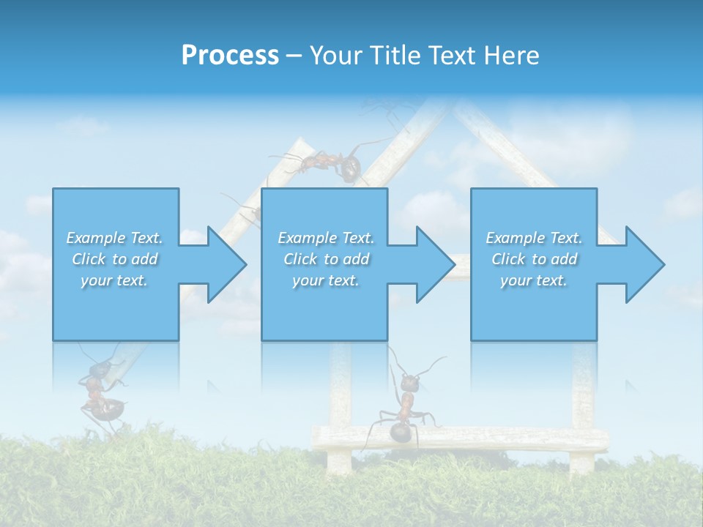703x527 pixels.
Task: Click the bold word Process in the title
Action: (x=230, y=56)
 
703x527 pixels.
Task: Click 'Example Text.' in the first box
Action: (x=114, y=238)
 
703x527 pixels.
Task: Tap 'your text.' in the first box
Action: (x=114, y=280)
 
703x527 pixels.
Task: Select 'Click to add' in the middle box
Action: (x=326, y=259)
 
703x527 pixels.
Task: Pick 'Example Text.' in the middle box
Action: (x=326, y=238)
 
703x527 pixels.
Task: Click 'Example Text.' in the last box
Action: (x=534, y=238)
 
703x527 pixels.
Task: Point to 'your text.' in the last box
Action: (x=534, y=280)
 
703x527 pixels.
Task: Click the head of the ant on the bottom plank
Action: (x=409, y=381)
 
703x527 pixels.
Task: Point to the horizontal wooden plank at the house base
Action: (x=513, y=438)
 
